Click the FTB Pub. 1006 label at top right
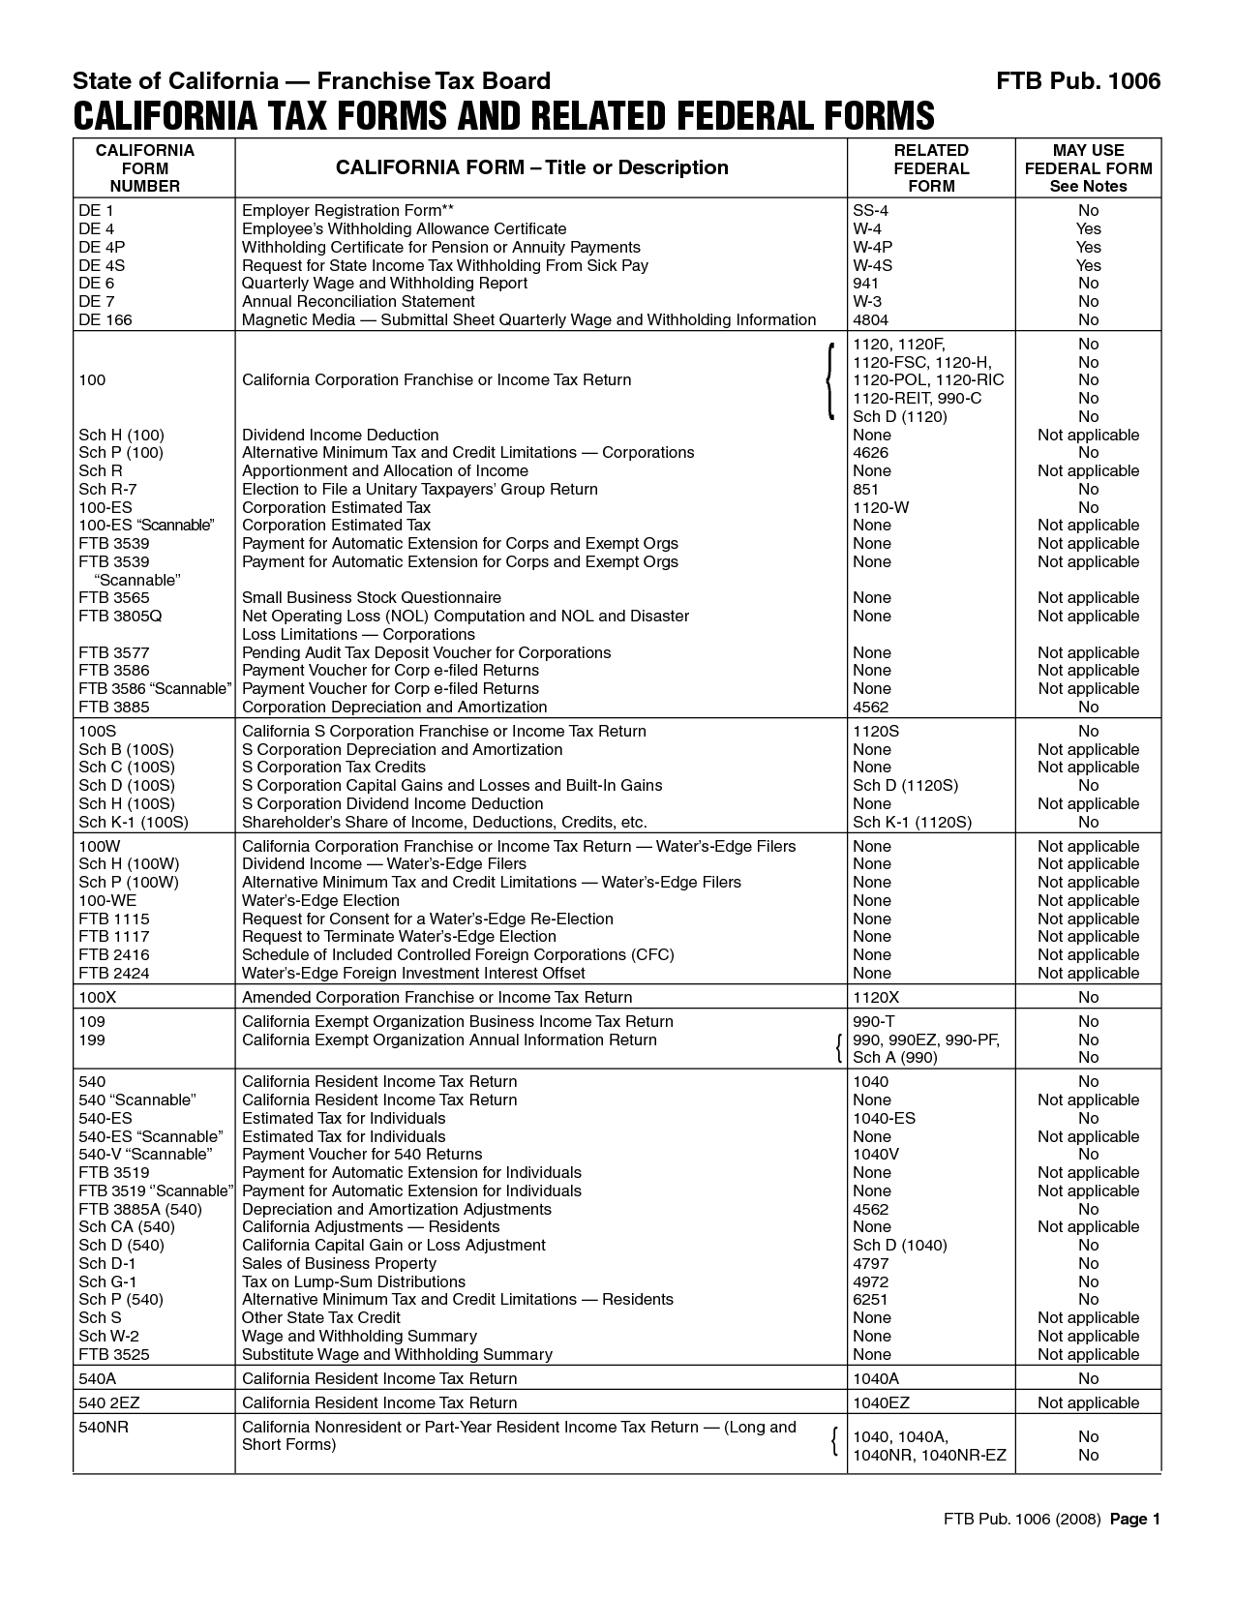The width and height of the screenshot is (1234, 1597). pos(1078,80)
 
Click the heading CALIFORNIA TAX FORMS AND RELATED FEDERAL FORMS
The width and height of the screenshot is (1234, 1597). pos(503,116)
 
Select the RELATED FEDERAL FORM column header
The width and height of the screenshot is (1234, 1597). pos(931,167)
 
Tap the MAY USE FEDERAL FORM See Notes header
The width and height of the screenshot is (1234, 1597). pos(1088,167)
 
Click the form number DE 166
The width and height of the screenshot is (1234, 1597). pos(105,319)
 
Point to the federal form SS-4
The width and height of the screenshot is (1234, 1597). pos(870,210)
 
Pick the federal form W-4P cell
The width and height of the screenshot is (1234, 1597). pos(872,247)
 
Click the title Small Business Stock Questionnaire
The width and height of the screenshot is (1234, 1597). pos(372,597)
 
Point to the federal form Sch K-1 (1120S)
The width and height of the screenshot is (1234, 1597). pos(912,822)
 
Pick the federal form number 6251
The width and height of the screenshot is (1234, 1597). pos(870,1299)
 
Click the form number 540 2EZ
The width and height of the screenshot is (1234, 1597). pos(109,1402)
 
